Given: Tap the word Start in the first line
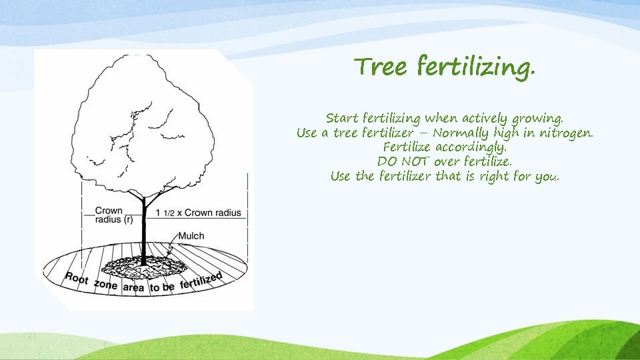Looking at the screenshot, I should (342, 118).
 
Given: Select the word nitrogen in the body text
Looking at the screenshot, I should (566, 133).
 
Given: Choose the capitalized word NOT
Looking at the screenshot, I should (415, 162).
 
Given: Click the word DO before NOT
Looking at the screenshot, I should (387, 162).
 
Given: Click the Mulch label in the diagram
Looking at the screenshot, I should (191, 235).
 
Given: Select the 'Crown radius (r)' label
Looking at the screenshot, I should (109, 215).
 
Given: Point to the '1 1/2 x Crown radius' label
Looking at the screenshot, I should (198, 212).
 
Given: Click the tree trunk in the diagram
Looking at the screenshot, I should (143, 227).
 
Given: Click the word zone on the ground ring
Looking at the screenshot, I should (105, 285).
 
